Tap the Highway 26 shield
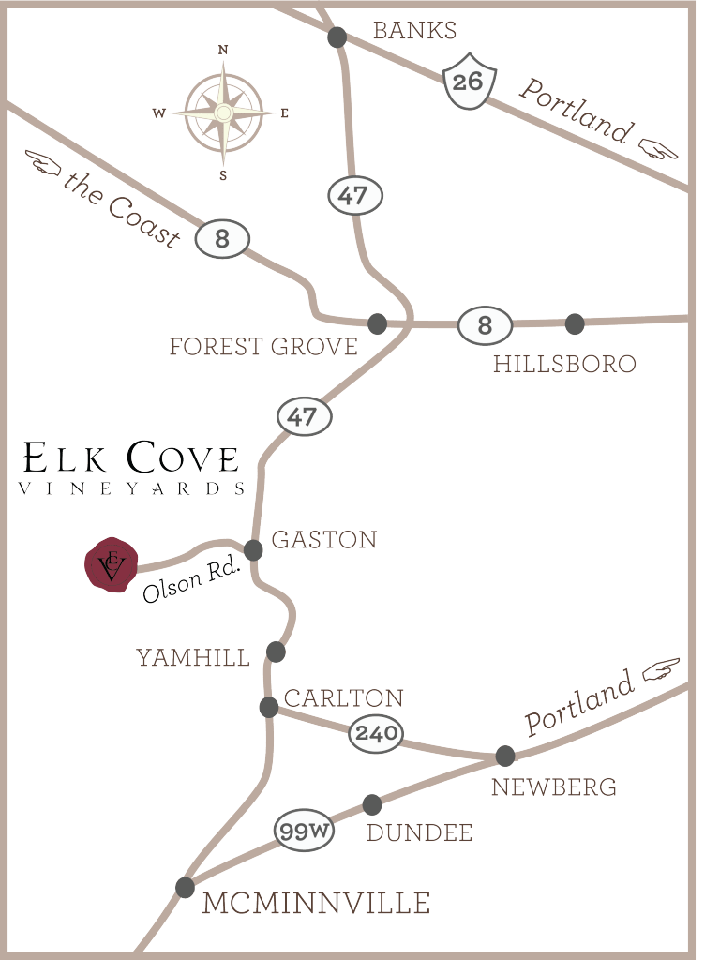pos(467,82)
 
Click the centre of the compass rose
pos(223,113)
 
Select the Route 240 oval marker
pos(376,733)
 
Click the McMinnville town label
pos(316,903)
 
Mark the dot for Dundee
pos(372,804)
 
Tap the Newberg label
pos(554,787)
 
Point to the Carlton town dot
pos(268,706)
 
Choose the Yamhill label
pos(194,658)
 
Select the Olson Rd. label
pos(193,583)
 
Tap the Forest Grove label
pos(263,347)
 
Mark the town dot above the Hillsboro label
pos(575,324)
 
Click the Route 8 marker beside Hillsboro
pos(485,326)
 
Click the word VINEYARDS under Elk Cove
pos(132,488)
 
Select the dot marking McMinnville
pos(185,886)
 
